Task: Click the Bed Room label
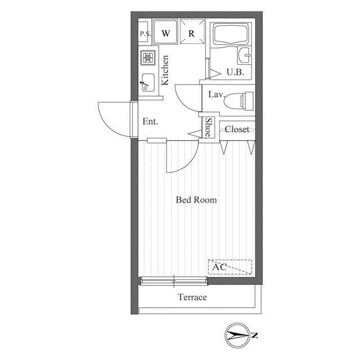click(196, 200)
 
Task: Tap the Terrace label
click(192, 297)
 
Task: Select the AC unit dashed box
click(230, 267)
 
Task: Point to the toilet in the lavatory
click(239, 101)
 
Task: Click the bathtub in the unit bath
click(231, 34)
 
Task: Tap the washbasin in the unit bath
click(245, 55)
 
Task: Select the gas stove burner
click(148, 57)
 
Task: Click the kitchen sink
click(148, 82)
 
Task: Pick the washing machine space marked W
click(165, 31)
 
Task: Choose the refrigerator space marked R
click(192, 31)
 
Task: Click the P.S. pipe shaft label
click(145, 34)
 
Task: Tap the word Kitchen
click(165, 70)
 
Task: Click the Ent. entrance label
click(150, 121)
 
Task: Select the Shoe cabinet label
click(208, 128)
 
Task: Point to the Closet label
click(237, 129)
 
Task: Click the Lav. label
click(217, 94)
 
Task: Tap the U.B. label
click(235, 72)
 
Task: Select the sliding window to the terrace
click(174, 281)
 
